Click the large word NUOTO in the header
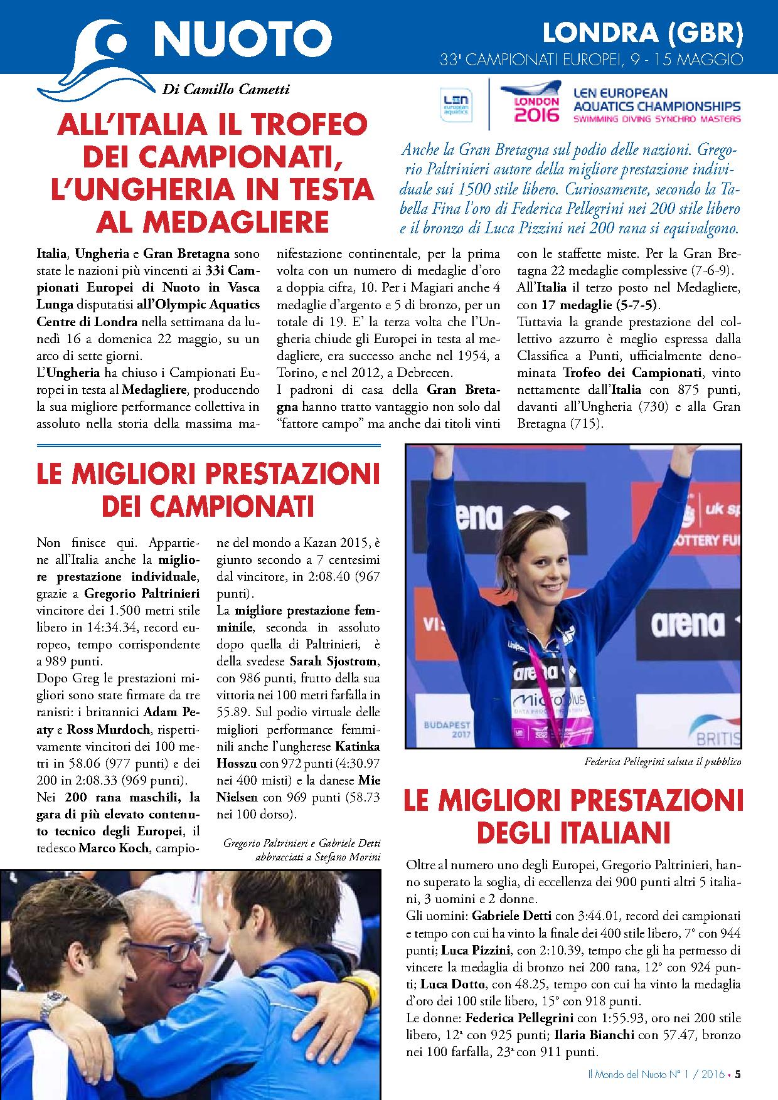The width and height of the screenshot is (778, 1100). click(x=243, y=39)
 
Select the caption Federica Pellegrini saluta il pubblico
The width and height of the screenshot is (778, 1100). click(x=662, y=762)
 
